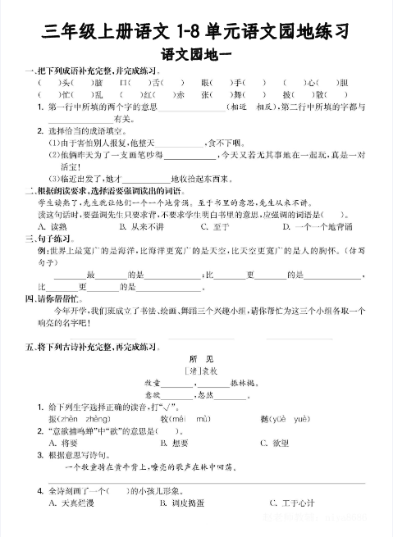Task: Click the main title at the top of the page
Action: [x=196, y=32]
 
